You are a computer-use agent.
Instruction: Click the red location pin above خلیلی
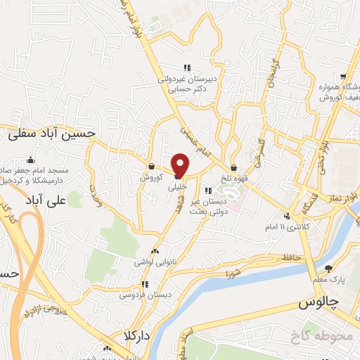[x=181, y=165]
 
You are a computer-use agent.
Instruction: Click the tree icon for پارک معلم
[x=328, y=269]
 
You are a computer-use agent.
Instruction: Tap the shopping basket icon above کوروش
[x=151, y=167]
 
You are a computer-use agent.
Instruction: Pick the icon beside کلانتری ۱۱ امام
[x=286, y=216]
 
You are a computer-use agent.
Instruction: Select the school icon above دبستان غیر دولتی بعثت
[x=207, y=190]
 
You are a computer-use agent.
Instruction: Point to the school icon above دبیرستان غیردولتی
[x=187, y=68]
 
